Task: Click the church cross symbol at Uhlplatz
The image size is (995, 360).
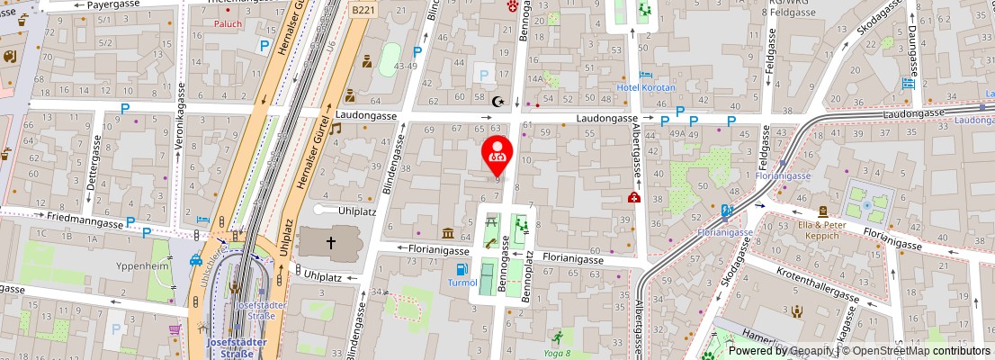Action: click(331, 242)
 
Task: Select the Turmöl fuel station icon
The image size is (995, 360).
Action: click(462, 268)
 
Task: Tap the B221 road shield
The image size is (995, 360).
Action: click(363, 9)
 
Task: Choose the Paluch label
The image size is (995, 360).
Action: click(228, 24)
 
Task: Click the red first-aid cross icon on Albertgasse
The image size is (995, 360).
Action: click(634, 198)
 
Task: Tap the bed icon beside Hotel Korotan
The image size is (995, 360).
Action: click(644, 75)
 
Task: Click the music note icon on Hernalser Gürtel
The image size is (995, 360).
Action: click(335, 128)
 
